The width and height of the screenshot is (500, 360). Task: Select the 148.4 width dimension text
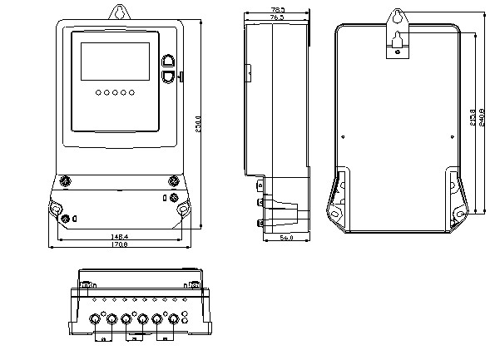(119, 237)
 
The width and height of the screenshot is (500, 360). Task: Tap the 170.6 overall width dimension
(119, 244)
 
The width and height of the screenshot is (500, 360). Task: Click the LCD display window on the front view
(115, 59)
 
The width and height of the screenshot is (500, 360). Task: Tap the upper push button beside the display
(169, 60)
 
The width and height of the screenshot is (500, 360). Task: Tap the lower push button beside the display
(169, 76)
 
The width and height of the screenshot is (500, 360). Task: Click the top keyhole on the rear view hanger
(398, 16)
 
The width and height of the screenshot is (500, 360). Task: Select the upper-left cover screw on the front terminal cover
(66, 180)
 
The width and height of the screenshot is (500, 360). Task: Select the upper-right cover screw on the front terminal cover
(172, 180)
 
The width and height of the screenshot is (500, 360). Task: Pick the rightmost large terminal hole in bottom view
(174, 318)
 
